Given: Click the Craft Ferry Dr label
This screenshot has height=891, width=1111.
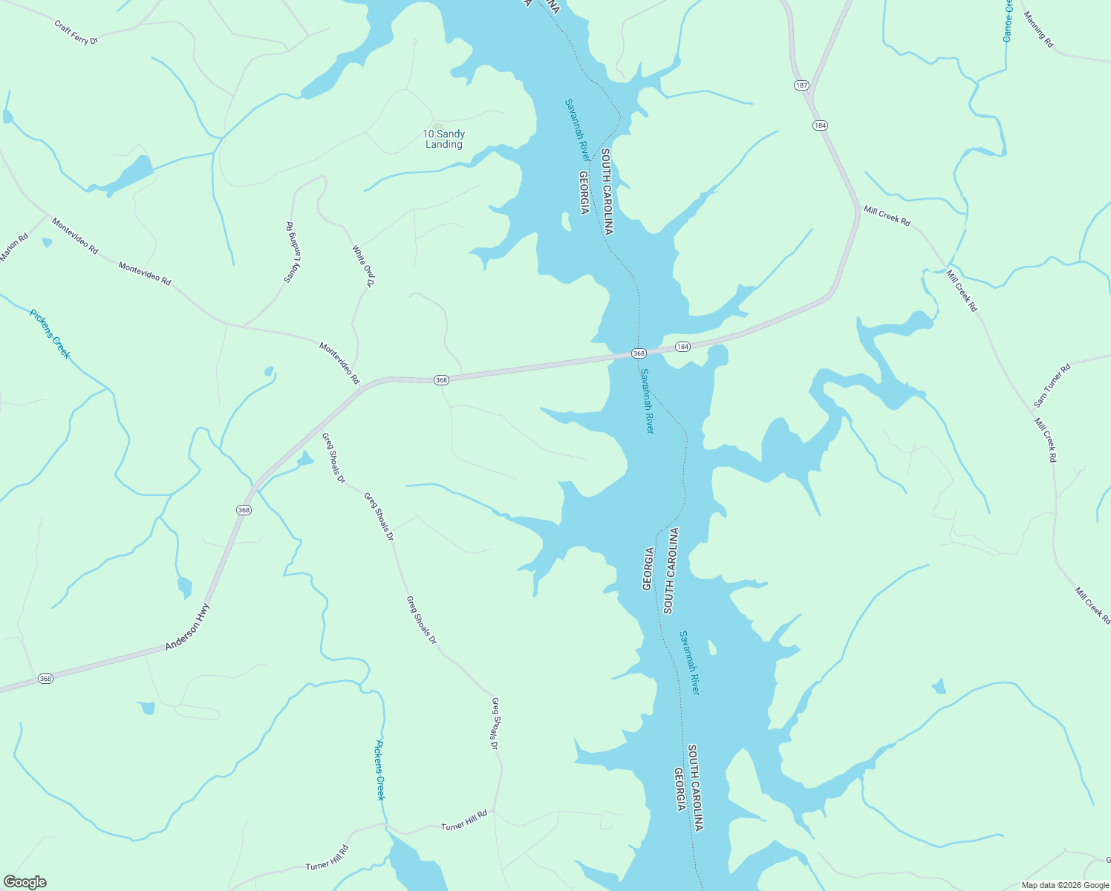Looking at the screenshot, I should tap(76, 33).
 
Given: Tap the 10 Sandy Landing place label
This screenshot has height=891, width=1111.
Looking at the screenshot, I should tap(444, 139).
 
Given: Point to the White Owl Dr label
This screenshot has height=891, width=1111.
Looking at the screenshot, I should tap(364, 266).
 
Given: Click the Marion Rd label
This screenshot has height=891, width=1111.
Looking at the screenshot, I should tap(13, 247).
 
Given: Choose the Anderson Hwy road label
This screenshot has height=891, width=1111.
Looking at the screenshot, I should tap(188, 627).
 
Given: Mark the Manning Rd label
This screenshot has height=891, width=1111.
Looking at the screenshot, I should tap(1038, 30).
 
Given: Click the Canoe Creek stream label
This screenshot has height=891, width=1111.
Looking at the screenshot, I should tap(1008, 20).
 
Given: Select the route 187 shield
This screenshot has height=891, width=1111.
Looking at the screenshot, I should tap(801, 85).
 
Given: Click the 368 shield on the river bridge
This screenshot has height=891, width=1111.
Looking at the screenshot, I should tap(639, 353).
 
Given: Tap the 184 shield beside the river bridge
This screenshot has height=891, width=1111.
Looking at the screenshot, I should tap(682, 347).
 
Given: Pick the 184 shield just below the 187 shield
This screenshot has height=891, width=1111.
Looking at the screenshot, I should tap(820, 125).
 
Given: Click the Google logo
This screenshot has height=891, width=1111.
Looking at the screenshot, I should tap(25, 882).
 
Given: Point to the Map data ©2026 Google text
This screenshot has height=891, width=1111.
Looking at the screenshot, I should tap(1064, 885).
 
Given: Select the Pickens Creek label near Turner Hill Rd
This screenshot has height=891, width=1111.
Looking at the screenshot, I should tap(380, 770).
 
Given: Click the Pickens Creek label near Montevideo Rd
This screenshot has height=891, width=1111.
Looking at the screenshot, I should tap(50, 334).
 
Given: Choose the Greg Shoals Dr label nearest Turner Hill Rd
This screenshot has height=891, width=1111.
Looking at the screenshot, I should tap(495, 723).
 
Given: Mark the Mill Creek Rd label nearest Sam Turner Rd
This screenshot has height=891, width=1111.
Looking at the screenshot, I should tap(1046, 440).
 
